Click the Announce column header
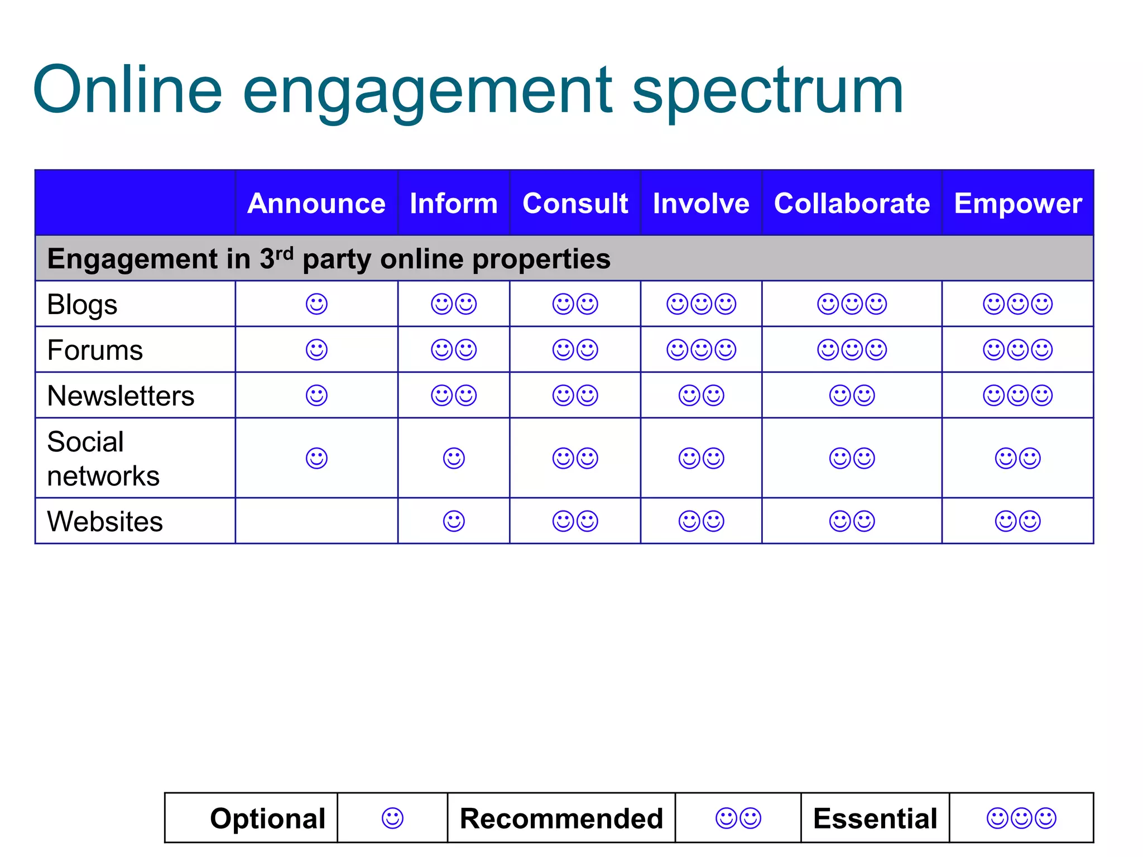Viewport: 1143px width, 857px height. [x=316, y=204]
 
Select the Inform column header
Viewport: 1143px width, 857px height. [x=454, y=204]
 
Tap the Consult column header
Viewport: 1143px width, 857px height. [x=575, y=204]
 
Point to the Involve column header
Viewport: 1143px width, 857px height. [x=701, y=204]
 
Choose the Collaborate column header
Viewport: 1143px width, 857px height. [x=852, y=204]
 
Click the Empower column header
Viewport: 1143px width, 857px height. [x=1018, y=204]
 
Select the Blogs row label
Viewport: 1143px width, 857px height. [x=83, y=305]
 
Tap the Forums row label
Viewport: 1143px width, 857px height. [x=95, y=350]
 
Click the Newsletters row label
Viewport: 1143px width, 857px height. [x=121, y=396]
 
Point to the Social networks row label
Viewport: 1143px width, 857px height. [x=103, y=459]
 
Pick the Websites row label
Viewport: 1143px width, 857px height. [x=105, y=522]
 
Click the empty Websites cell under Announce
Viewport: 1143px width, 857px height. [x=316, y=521]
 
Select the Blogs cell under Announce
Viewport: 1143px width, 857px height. [x=316, y=304]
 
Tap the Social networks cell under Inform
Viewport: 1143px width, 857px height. [x=454, y=459]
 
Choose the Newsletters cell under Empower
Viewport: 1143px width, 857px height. [x=1017, y=396]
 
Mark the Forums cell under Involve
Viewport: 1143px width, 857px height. [x=701, y=350]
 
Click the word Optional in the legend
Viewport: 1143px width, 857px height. [x=268, y=819]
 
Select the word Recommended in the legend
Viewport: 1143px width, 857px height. [x=561, y=819]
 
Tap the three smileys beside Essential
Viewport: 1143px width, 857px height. [x=1021, y=819]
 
